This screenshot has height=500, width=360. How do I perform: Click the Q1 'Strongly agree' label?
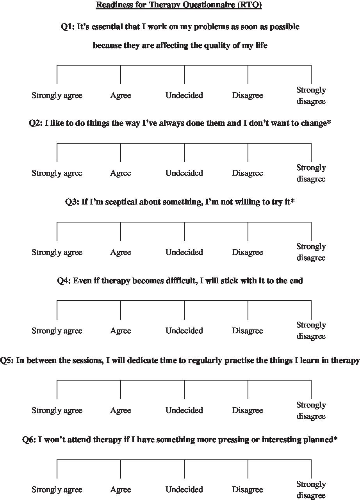click(x=57, y=96)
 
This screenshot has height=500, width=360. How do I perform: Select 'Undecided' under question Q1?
click(x=184, y=96)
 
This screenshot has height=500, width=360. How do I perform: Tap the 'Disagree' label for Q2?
click(x=248, y=173)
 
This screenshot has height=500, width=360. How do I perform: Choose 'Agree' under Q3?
click(x=121, y=253)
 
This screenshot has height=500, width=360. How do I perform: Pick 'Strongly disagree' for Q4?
click(x=311, y=331)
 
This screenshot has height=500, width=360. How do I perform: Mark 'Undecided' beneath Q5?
click(x=184, y=411)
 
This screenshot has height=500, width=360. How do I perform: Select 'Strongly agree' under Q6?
click(x=57, y=490)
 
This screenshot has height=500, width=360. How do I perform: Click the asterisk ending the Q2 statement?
click(x=330, y=123)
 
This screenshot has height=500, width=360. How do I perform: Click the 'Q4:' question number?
click(x=64, y=281)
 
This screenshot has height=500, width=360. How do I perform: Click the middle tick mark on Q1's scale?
click(x=184, y=75)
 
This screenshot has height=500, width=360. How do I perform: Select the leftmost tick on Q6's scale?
click(x=57, y=469)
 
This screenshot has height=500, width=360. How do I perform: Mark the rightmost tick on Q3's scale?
click(x=311, y=231)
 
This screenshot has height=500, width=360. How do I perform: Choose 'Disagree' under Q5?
click(x=248, y=411)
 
